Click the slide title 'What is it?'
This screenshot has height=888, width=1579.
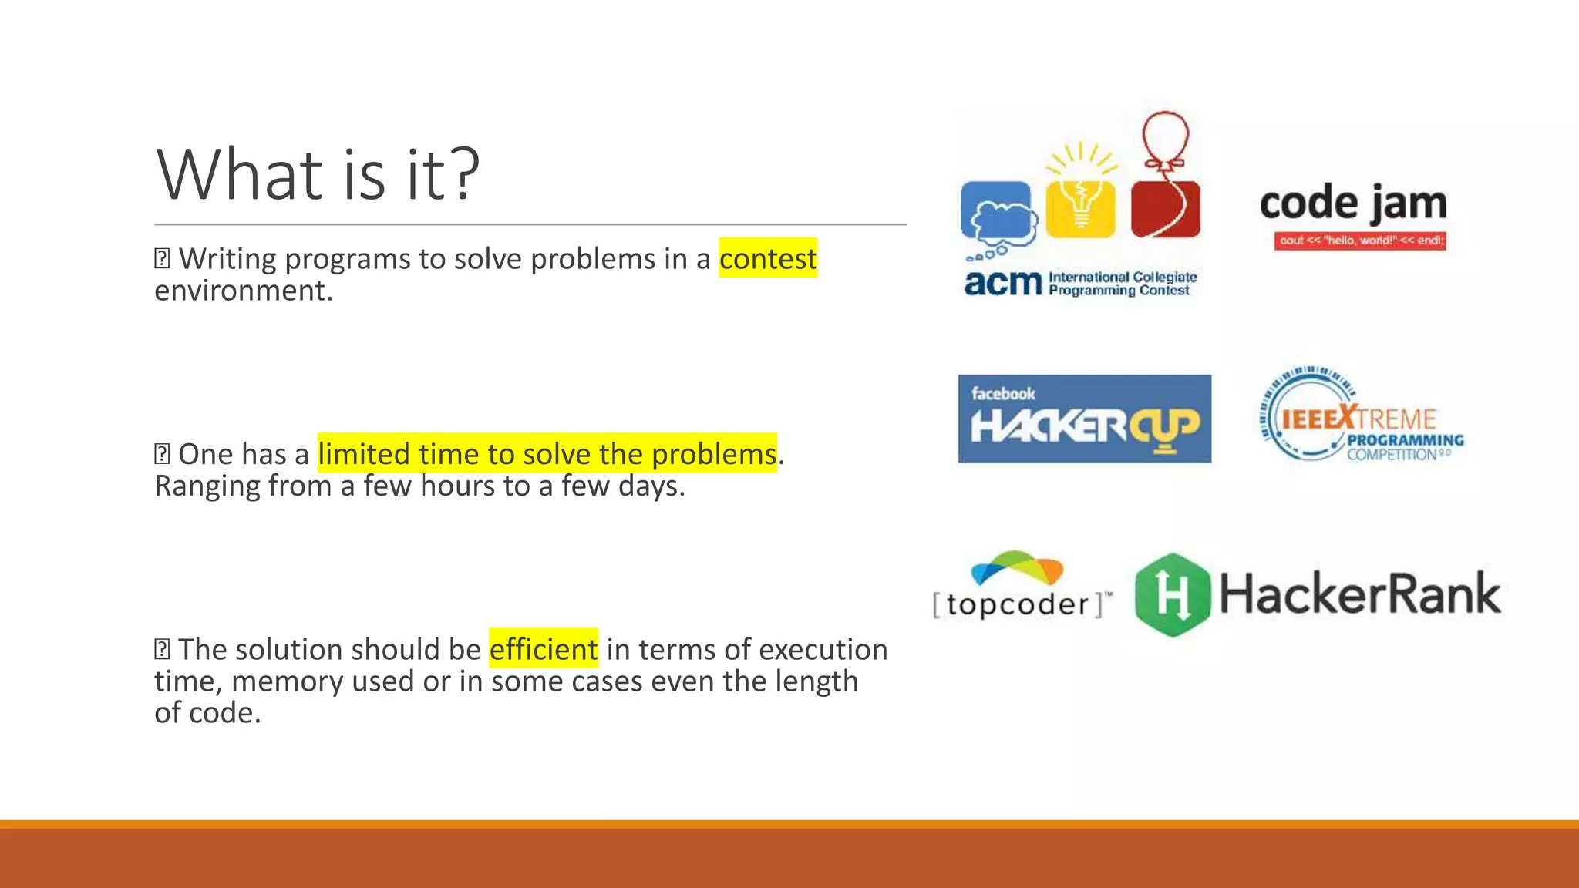(x=318, y=175)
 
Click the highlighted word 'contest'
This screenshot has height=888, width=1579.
(x=768, y=259)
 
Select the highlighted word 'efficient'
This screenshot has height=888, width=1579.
(x=544, y=649)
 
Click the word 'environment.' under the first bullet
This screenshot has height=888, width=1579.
(x=244, y=291)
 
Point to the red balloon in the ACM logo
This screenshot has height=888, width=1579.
(x=1165, y=136)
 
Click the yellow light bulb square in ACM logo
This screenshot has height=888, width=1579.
(x=1080, y=208)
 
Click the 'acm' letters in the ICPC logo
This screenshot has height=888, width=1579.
(x=1002, y=283)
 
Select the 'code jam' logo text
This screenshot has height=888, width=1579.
(x=1353, y=204)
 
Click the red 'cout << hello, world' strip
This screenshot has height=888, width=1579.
(x=1360, y=240)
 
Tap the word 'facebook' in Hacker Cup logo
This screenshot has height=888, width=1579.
(x=1002, y=394)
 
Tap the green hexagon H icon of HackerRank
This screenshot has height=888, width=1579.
(x=1172, y=595)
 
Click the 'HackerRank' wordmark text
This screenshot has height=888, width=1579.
(x=1359, y=595)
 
